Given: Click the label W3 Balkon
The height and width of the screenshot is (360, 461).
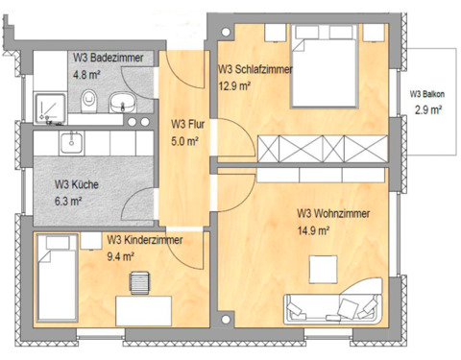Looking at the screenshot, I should click(x=426, y=95).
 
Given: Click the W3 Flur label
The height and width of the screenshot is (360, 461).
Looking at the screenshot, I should click(x=185, y=124).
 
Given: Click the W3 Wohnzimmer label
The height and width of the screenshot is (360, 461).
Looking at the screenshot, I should click(x=333, y=213).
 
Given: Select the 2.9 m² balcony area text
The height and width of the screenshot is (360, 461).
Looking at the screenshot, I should click(x=427, y=111).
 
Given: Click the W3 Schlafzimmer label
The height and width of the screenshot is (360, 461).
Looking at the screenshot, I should click(x=255, y=69).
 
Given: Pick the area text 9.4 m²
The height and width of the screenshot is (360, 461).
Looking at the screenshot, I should click(x=121, y=256).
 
